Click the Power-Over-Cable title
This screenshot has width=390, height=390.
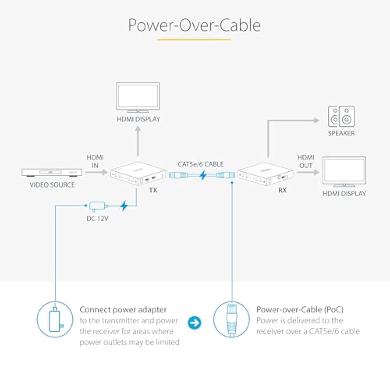coord(194,25)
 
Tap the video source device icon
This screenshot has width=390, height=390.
coord(52,172)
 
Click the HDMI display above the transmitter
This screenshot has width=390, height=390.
coord(138,98)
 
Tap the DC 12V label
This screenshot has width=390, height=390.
coord(97,219)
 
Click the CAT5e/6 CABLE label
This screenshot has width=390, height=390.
coord(201,164)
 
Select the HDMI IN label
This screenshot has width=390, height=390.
coord(95,161)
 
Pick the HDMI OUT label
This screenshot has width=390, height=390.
coord(305,161)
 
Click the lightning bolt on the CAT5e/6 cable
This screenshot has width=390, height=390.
coord(203,176)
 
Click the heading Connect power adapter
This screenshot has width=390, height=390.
coord(123,310)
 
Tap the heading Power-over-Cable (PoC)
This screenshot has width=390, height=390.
coord(300,310)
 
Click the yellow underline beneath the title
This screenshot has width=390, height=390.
coord(194,39)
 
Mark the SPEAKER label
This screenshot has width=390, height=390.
coord(341,133)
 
